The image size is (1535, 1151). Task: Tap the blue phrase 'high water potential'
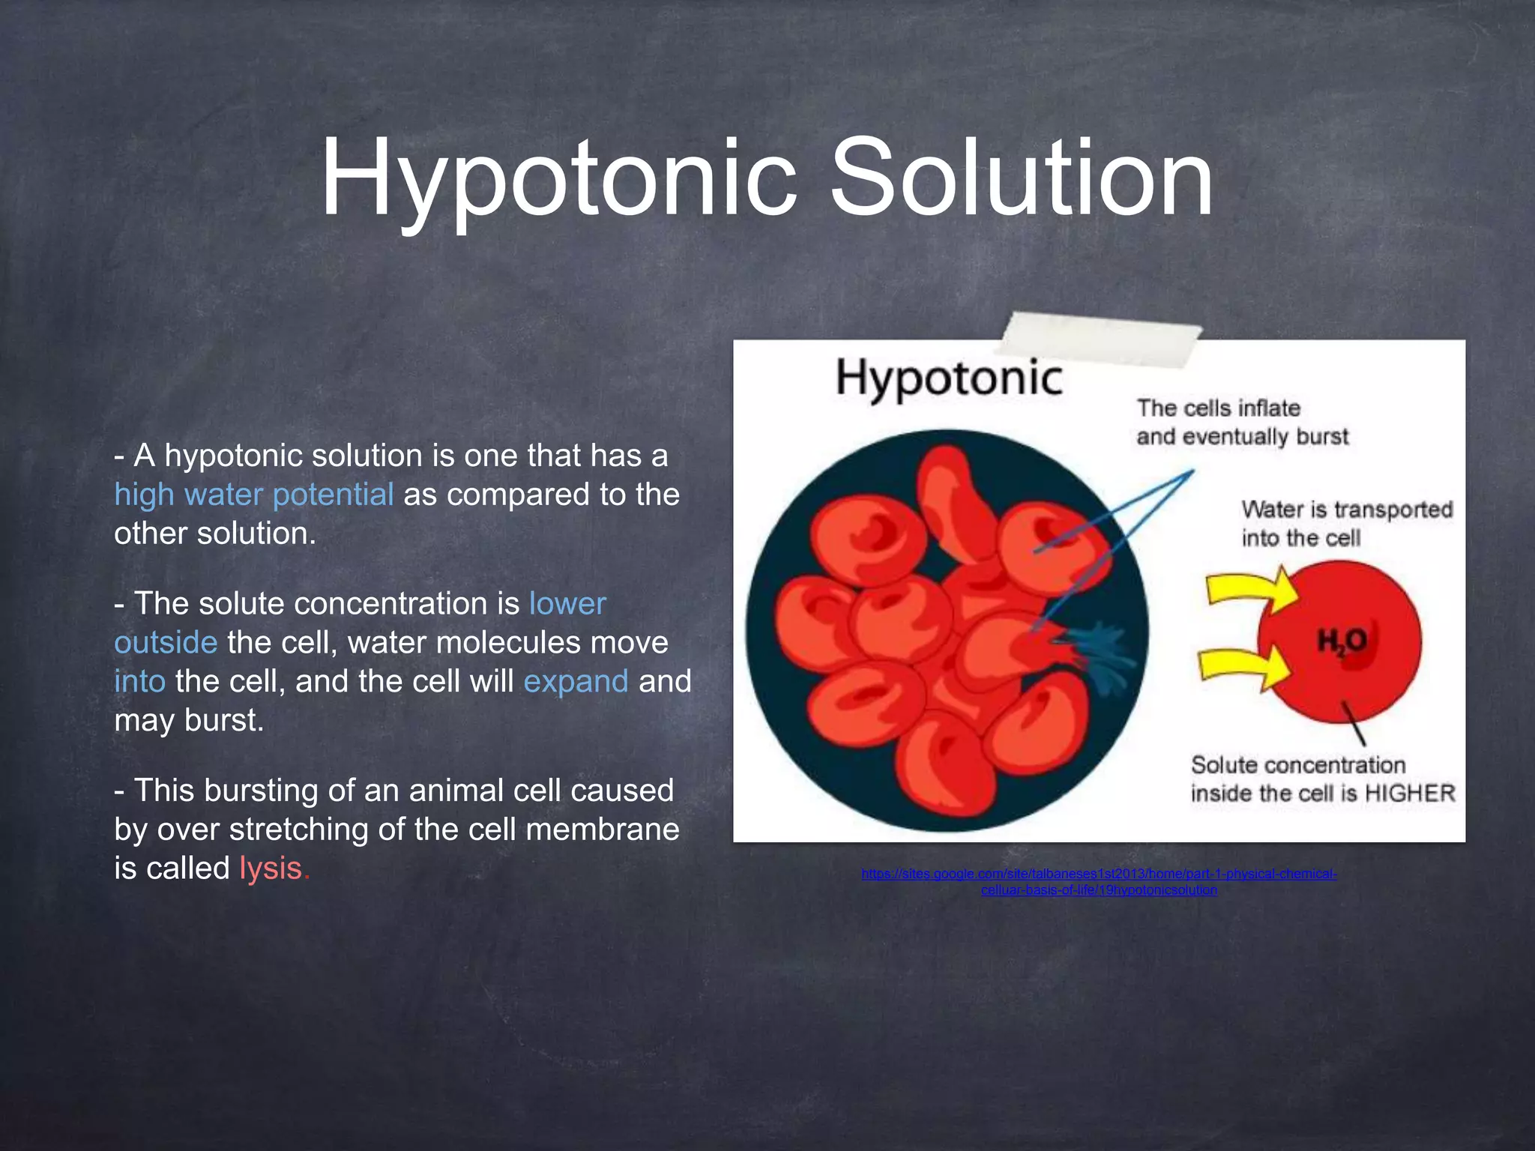coord(253,495)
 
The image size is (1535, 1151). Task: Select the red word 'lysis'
coord(274,868)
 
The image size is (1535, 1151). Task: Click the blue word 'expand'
coord(576,682)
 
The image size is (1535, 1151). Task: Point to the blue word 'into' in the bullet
coord(139,682)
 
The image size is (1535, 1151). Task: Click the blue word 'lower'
coord(567,604)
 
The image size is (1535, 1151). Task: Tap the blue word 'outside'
coord(166,643)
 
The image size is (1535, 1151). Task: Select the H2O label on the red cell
coord(1342,641)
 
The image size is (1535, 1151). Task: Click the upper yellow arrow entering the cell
coord(1252,588)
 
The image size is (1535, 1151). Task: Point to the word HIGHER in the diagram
coord(1409,793)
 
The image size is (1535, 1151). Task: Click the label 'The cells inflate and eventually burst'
coord(1242,422)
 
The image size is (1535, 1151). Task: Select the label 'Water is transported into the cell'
coord(1346,523)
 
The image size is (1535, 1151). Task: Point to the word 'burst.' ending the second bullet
coord(224,721)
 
